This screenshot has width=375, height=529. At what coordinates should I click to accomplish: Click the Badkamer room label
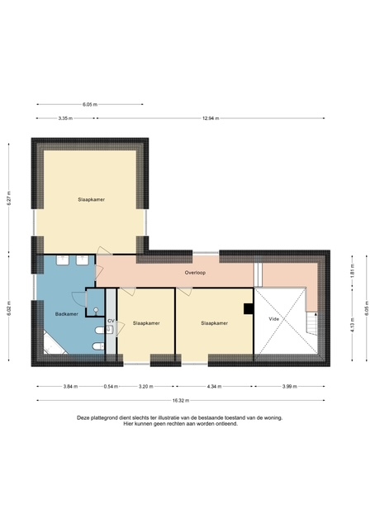(66, 314)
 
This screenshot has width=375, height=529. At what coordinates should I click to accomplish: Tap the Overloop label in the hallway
(195, 273)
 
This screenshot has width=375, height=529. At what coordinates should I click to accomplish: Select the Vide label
(274, 319)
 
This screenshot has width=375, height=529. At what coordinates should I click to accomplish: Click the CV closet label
(111, 321)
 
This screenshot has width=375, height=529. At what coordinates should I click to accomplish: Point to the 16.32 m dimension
(181, 400)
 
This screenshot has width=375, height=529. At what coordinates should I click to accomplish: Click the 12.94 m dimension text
(211, 118)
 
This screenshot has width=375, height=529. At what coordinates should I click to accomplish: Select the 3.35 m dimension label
(65, 118)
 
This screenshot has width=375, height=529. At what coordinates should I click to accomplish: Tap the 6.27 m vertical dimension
(9, 198)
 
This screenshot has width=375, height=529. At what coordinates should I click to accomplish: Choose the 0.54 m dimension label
(111, 387)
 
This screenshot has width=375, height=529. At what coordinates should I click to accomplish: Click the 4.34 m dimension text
(214, 387)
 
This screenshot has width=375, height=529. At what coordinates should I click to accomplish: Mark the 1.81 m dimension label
(353, 271)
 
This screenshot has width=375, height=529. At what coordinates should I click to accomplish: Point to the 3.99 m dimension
(290, 387)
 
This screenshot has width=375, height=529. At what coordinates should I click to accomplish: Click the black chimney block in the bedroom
(249, 309)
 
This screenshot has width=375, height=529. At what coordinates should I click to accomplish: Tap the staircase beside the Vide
(311, 323)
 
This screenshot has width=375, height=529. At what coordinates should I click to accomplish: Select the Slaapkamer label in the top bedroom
(92, 200)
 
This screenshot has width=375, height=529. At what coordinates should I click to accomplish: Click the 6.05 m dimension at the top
(90, 105)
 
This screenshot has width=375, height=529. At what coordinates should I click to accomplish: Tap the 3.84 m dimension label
(70, 387)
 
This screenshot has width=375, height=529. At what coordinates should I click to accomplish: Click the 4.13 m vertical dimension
(353, 325)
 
